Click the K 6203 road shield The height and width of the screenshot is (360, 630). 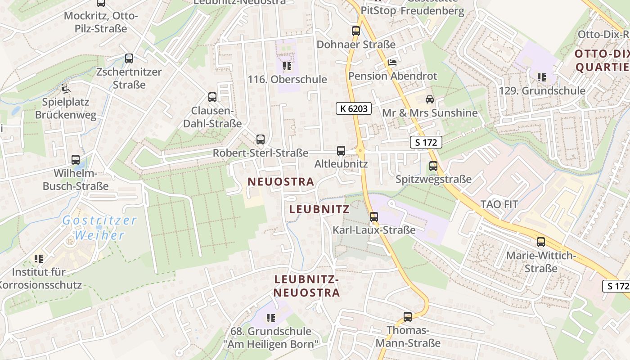[x=353, y=108]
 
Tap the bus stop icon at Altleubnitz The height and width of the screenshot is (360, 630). [x=341, y=150]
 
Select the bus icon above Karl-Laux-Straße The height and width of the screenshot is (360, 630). [x=373, y=217]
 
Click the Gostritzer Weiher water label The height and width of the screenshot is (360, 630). [x=99, y=228]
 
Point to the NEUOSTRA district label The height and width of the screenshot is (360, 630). [x=281, y=182]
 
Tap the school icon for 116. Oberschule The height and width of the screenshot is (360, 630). [x=287, y=67]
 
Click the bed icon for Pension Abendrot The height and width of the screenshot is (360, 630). [x=392, y=63]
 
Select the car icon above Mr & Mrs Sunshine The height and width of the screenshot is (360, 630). [x=430, y=99]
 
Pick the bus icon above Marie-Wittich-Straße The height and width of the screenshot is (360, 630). [x=541, y=242]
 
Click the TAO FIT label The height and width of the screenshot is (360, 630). [x=499, y=204]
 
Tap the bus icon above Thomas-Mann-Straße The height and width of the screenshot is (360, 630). [x=408, y=316]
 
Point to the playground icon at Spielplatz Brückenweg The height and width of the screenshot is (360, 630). [x=66, y=89]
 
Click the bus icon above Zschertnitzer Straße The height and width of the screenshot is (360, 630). [x=129, y=58]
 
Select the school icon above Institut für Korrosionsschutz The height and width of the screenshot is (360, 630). [x=39, y=259]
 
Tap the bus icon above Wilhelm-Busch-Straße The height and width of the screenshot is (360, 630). [x=76, y=159]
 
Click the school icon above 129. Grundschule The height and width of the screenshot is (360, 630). [x=542, y=77]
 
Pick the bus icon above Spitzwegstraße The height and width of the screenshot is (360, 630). [x=433, y=166]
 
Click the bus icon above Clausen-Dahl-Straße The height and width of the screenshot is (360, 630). [x=212, y=97]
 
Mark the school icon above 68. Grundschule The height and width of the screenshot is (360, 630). [x=270, y=318]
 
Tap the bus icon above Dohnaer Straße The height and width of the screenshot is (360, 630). [x=356, y=31]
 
